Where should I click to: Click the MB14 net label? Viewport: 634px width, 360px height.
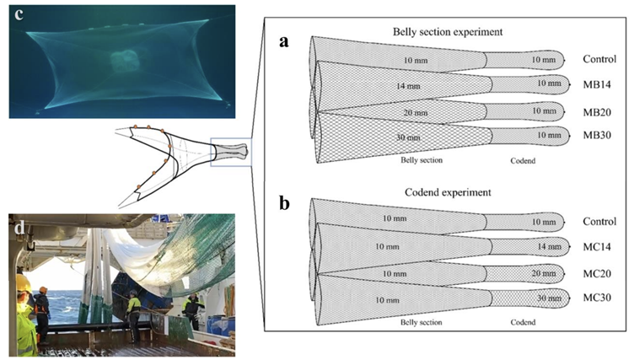click(595, 85)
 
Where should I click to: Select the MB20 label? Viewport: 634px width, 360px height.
click(595, 110)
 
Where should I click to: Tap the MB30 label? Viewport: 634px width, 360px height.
click(595, 135)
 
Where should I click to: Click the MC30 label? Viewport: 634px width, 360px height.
click(595, 298)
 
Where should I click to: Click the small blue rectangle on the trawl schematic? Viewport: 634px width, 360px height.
click(229, 152)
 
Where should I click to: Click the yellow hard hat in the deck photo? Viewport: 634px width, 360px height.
click(23, 282)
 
